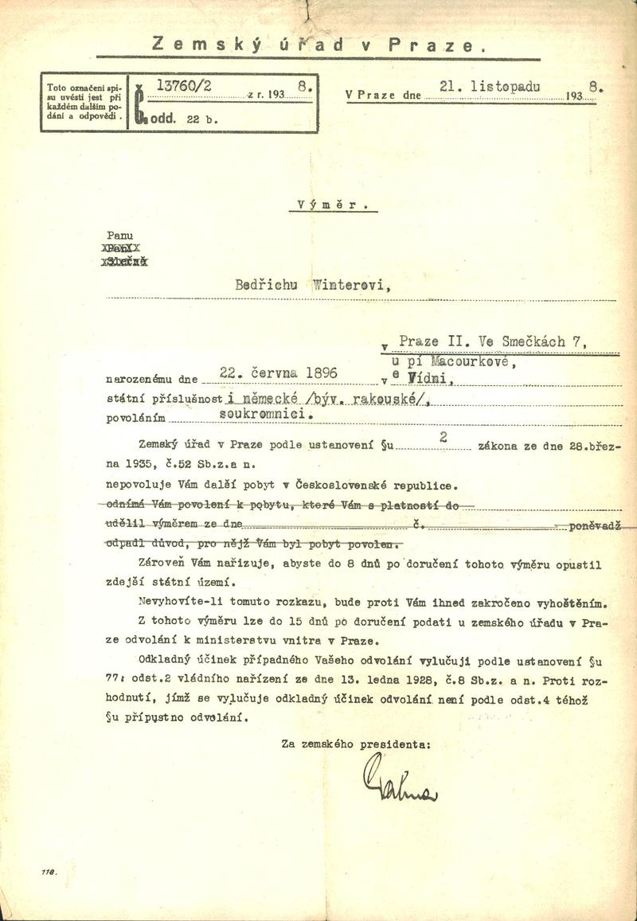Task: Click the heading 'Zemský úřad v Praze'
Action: click(x=318, y=45)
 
